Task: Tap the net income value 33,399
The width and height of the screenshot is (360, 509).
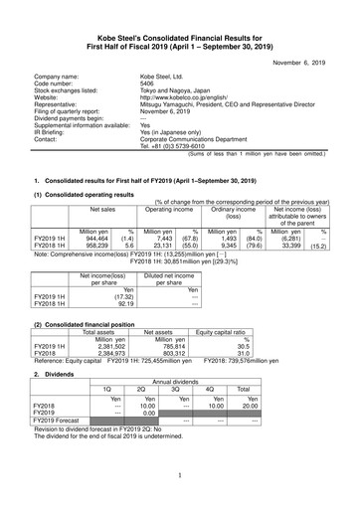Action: pos(290,219)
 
